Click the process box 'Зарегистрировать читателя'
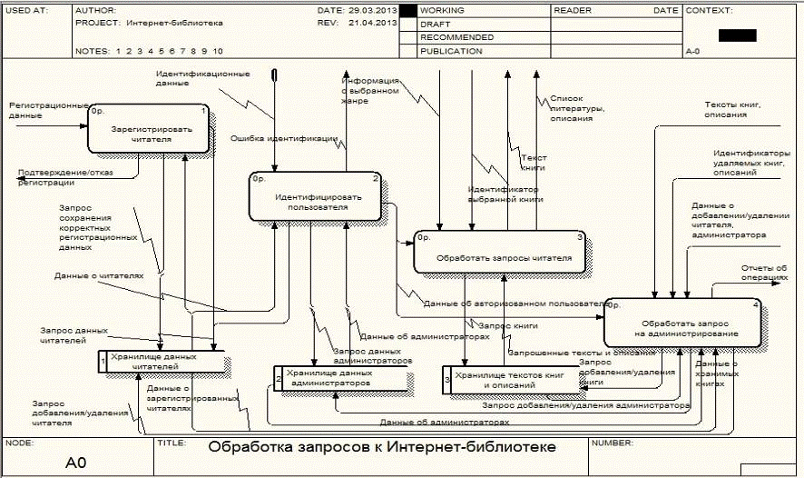coord(150,129)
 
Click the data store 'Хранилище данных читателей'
coord(163,362)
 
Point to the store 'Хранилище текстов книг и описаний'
coord(508,379)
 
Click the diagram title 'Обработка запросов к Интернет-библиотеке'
coord(382,448)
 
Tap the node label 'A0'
coord(75,463)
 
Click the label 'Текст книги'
coord(533,163)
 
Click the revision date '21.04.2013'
coord(372,24)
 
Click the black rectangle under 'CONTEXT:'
coord(736,35)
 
